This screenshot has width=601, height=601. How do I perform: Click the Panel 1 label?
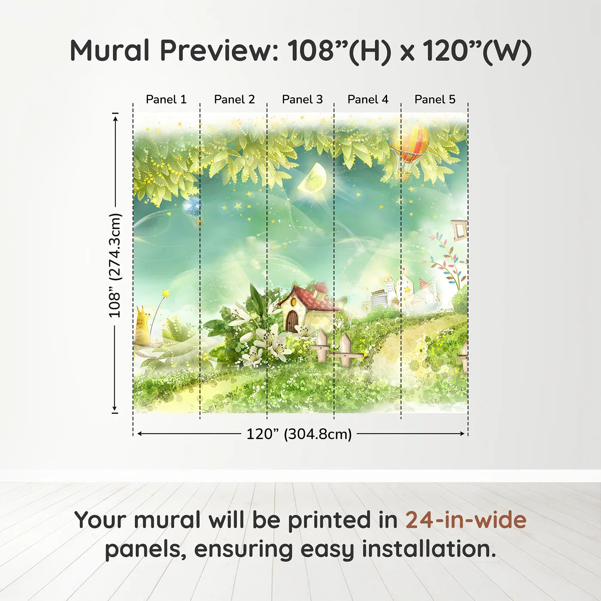click(x=166, y=99)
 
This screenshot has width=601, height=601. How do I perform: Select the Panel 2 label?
click(x=234, y=99)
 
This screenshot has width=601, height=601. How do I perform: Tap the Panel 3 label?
click(x=302, y=99)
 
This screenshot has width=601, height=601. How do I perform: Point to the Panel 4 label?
click(x=368, y=99)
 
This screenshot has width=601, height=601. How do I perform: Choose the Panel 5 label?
click(x=435, y=99)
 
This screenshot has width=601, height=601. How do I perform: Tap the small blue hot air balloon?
click(x=192, y=207)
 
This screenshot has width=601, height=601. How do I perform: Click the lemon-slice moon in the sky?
click(x=313, y=179)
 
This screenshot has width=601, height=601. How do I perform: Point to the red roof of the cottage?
click(x=316, y=298)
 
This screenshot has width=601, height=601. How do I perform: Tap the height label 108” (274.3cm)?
click(x=115, y=265)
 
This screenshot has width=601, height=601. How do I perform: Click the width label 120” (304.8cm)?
click(x=299, y=434)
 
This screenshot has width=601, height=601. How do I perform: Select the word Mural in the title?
click(x=110, y=51)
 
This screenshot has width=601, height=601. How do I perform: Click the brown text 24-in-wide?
click(x=466, y=520)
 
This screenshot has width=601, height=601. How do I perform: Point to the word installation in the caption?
click(x=429, y=549)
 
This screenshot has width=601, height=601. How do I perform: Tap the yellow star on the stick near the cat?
click(x=165, y=294)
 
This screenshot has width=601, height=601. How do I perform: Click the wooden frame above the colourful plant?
click(x=459, y=230)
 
